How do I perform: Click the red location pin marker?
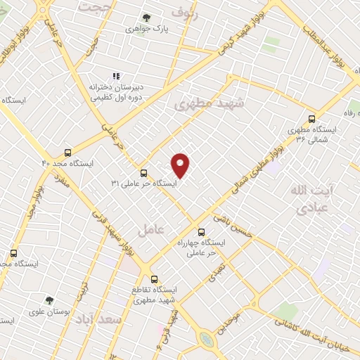[181, 165]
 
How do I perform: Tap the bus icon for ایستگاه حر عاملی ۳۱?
[143, 173]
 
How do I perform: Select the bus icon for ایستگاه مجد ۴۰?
[68, 152]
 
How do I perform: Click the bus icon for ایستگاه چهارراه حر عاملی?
[202, 231]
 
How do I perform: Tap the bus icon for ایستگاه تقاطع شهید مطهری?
[155, 278]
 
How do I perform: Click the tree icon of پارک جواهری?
[146, 18]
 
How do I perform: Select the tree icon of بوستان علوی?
[49, 300]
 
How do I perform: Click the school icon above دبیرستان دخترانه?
[117, 75]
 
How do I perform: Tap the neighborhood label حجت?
[98, 6]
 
